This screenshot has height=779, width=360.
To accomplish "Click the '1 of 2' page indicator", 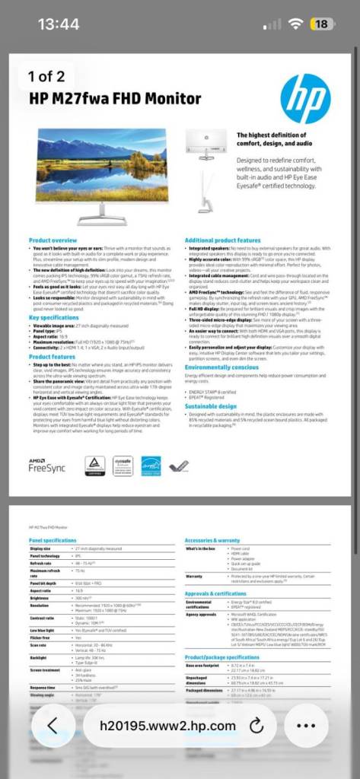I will point(46,76).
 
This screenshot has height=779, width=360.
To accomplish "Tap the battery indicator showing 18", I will point(320,24).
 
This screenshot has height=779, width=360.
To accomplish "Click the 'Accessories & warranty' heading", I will point(212,539).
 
